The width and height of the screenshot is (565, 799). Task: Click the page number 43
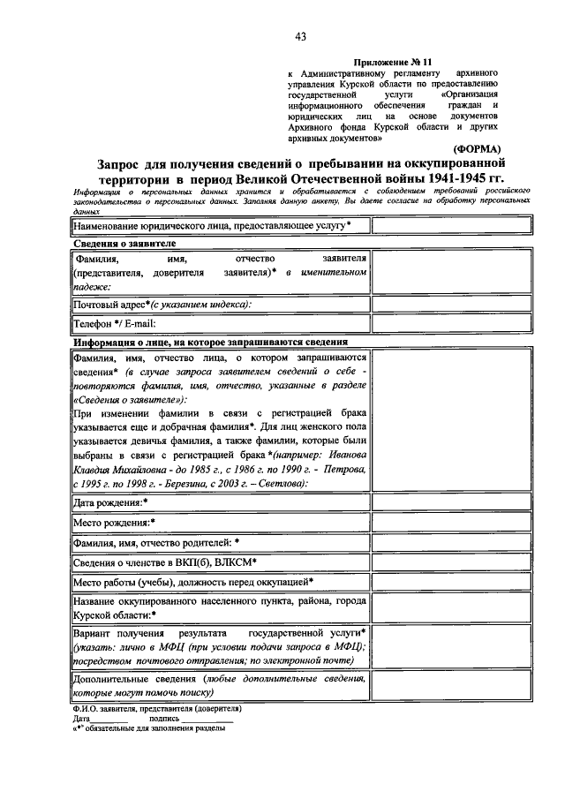point(301,36)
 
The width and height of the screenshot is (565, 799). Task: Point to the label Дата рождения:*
point(110,502)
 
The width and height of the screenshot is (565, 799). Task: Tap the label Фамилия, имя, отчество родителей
point(157,542)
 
